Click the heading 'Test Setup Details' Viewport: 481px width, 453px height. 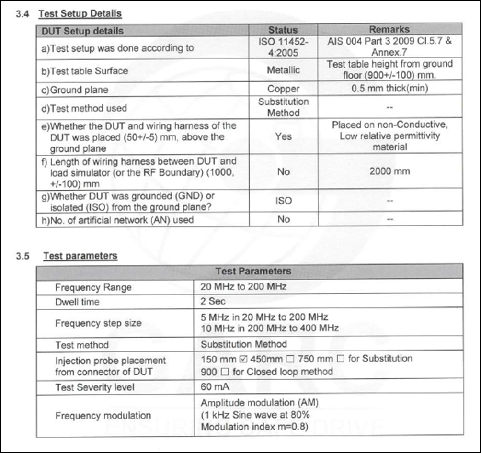tap(80, 14)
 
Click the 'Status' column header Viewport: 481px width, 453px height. tap(283, 30)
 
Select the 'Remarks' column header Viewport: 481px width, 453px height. tap(390, 29)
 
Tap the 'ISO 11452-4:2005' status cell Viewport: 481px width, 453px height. tap(283, 47)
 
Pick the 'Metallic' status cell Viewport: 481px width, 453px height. tap(283, 70)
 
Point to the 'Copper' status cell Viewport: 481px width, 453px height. tap(283, 89)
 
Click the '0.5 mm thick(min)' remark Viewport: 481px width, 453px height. tap(389, 89)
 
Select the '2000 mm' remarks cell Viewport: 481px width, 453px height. tap(389, 171)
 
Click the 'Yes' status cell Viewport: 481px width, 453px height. tap(283, 136)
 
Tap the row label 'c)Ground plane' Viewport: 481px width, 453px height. tap(80, 90)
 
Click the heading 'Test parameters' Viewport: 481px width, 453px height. tap(80, 256)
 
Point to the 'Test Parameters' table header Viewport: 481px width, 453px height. tap(253, 271)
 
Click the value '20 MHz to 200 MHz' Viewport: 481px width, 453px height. tap(243, 287)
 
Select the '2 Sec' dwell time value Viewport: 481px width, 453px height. tap(213, 302)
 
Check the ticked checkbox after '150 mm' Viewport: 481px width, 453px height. tap(242, 359)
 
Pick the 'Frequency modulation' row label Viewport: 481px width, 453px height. tap(103, 415)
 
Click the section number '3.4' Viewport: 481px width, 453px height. tap(23, 14)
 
